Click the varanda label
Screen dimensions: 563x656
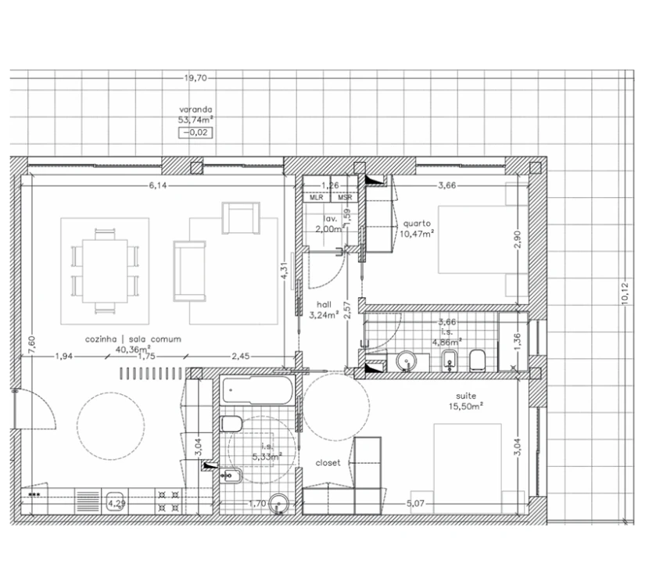pyautogui.click(x=195, y=110)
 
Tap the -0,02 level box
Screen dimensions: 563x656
pyautogui.click(x=195, y=133)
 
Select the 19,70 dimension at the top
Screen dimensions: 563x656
pyautogui.click(x=195, y=78)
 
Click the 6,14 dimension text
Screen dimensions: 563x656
pyautogui.click(x=162, y=185)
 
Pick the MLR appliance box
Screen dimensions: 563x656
pyautogui.click(x=317, y=199)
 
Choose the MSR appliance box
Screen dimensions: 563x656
pyautogui.click(x=345, y=199)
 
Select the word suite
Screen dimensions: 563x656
pyautogui.click(x=466, y=396)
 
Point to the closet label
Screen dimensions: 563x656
pyautogui.click(x=328, y=463)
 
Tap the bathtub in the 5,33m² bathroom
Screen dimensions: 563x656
pyautogui.click(x=257, y=390)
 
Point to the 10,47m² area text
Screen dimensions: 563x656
pyautogui.click(x=416, y=232)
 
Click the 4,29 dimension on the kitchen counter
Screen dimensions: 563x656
pyautogui.click(x=117, y=504)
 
